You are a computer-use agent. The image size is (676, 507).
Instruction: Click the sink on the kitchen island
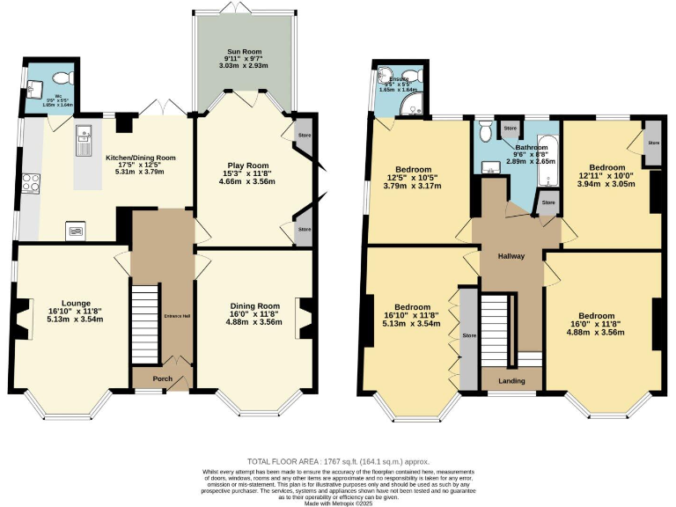(x=84, y=135)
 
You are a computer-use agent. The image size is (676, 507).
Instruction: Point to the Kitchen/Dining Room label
(x=141, y=158)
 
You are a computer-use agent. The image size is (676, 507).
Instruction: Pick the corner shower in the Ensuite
(x=409, y=107)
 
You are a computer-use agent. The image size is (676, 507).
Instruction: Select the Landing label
(x=511, y=381)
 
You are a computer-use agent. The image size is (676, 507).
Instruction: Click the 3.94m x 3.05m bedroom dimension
(x=606, y=184)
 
